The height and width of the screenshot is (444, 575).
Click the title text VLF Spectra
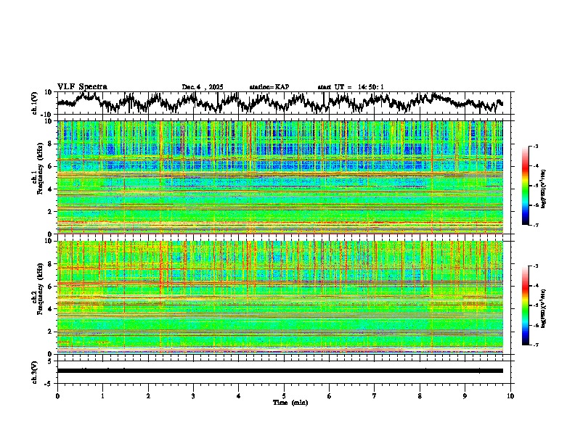point(82,86)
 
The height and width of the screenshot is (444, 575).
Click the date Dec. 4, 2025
point(203,87)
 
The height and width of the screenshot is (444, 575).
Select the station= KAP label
point(269,87)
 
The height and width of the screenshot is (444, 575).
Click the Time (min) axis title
point(290,402)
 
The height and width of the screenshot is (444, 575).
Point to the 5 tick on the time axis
point(284,396)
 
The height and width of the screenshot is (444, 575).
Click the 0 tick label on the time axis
point(57,396)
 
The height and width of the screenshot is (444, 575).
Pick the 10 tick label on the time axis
point(510,396)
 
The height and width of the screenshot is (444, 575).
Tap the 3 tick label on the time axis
point(193,396)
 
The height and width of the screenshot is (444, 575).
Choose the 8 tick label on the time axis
point(420,396)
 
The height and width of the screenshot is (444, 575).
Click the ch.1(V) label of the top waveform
point(35,103)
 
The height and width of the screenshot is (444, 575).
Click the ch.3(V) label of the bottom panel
point(35,371)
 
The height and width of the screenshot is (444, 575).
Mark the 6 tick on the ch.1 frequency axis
point(52,166)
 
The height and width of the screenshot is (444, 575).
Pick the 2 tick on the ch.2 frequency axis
point(52,331)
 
